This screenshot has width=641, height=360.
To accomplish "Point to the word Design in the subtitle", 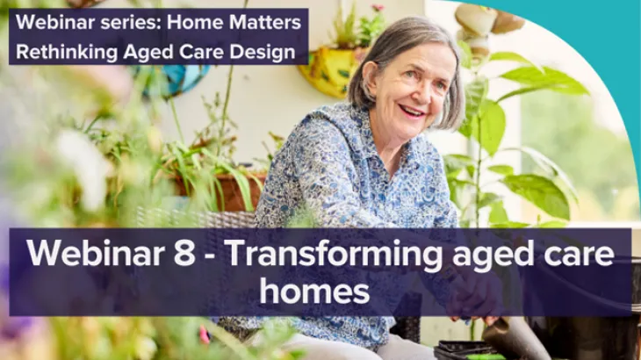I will click(x=262, y=52).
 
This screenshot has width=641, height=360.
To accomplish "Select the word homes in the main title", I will click(x=320, y=292).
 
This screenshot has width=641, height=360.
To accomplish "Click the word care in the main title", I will click(x=572, y=254).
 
